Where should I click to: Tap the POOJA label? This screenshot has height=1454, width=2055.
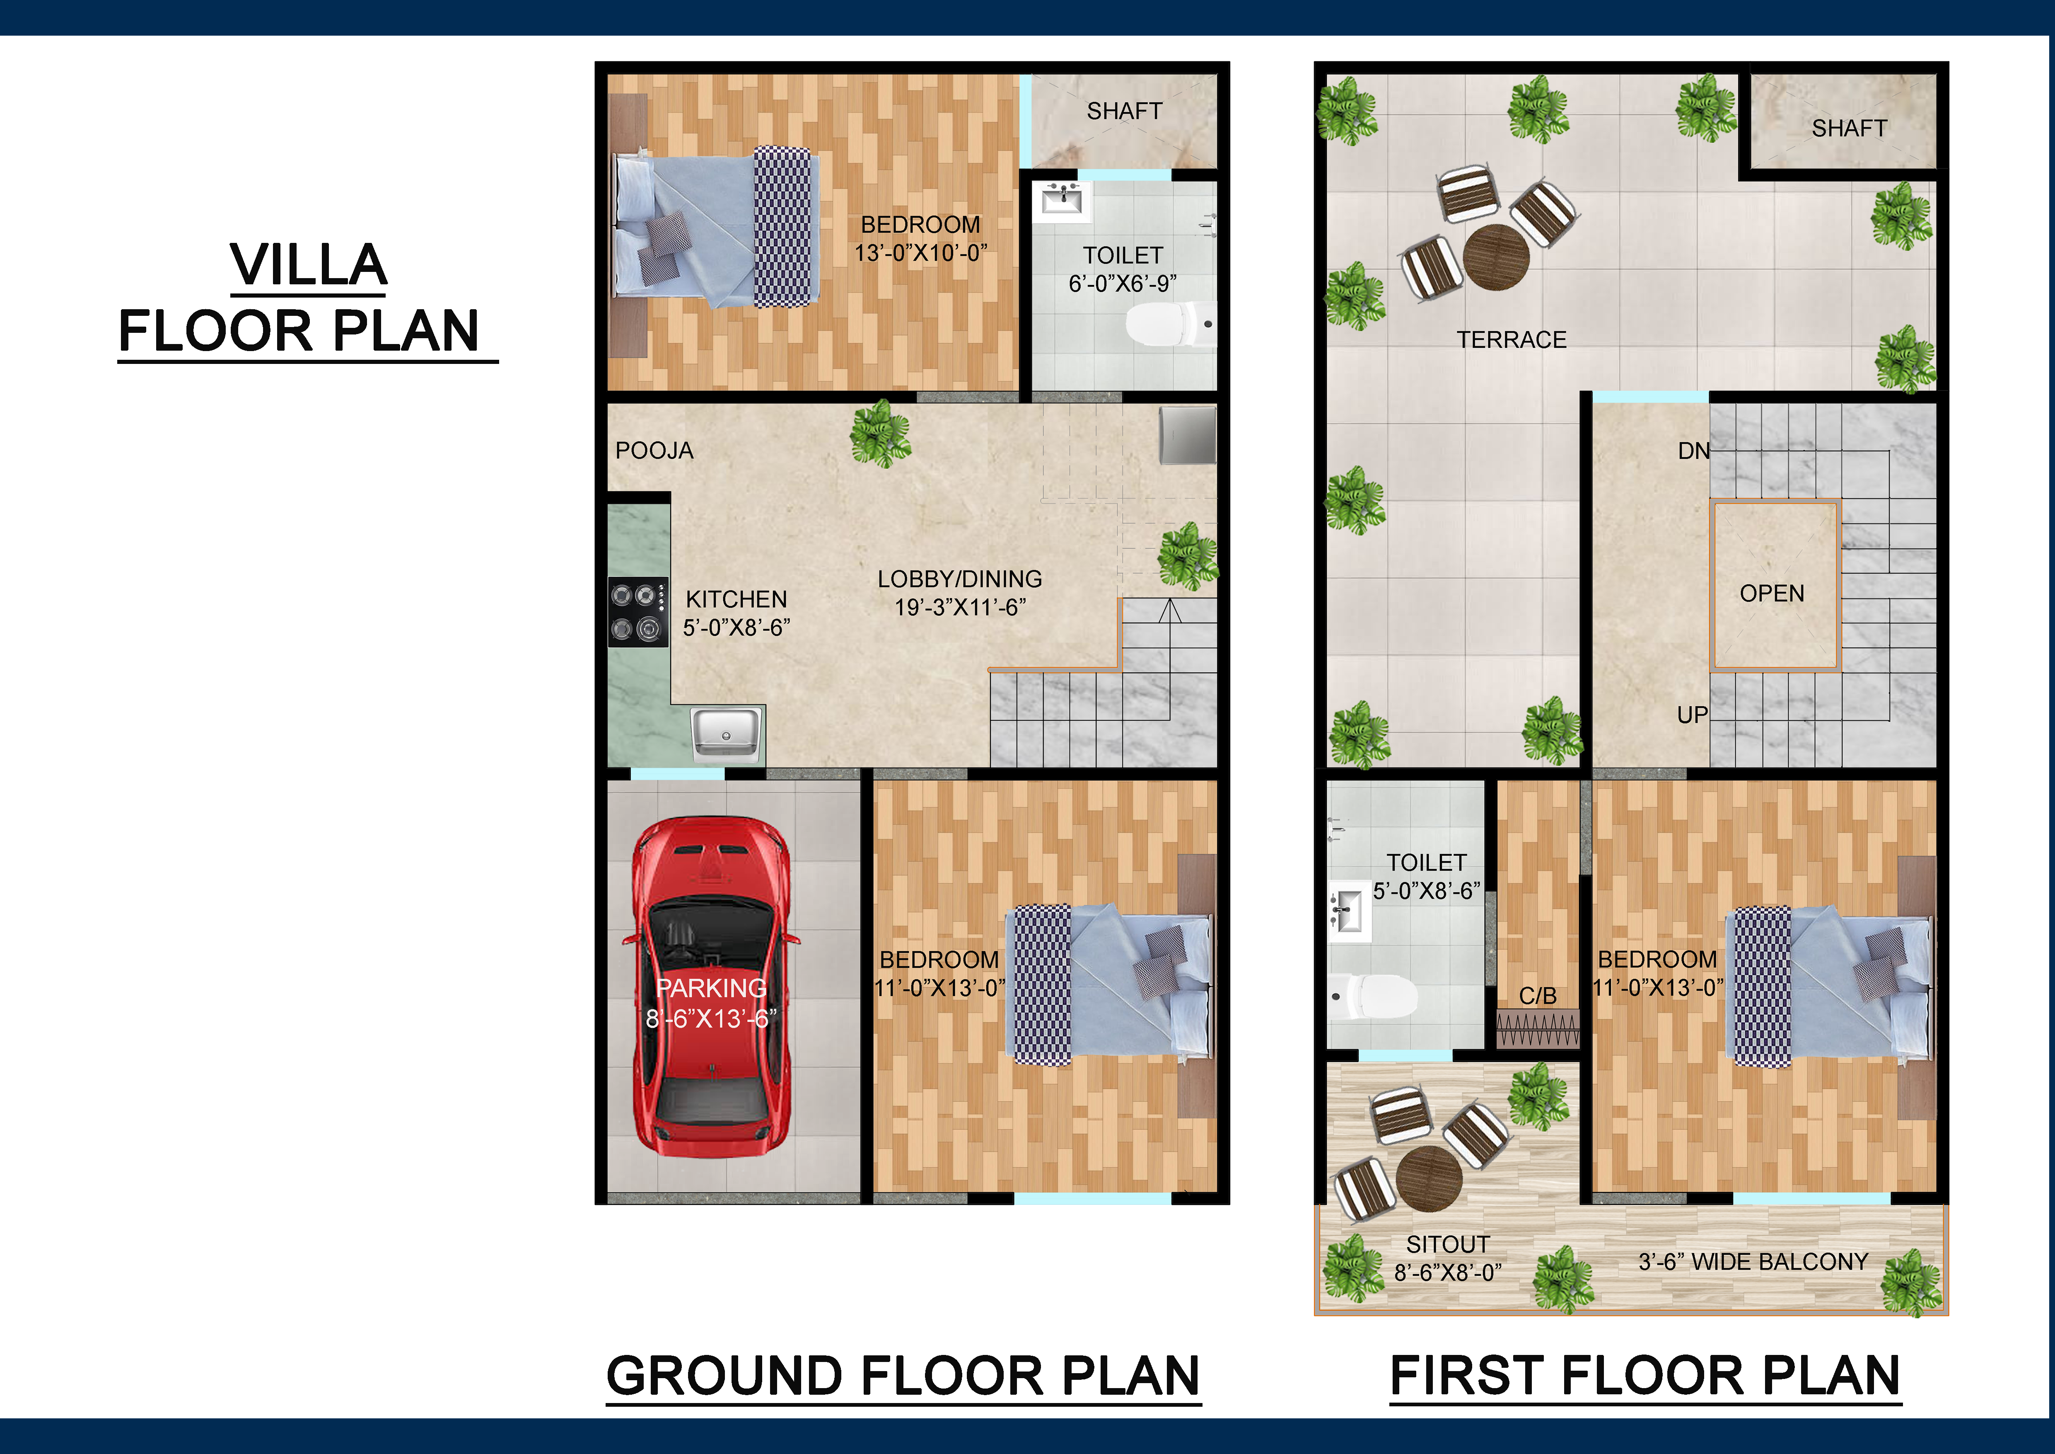click(654, 451)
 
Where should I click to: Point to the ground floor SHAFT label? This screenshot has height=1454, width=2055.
click(1124, 111)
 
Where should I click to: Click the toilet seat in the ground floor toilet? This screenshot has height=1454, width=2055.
click(1164, 324)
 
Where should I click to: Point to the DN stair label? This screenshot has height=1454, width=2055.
click(1693, 451)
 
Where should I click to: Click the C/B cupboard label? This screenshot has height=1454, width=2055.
click(1538, 996)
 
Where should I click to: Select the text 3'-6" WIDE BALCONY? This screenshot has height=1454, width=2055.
click(1753, 1262)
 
